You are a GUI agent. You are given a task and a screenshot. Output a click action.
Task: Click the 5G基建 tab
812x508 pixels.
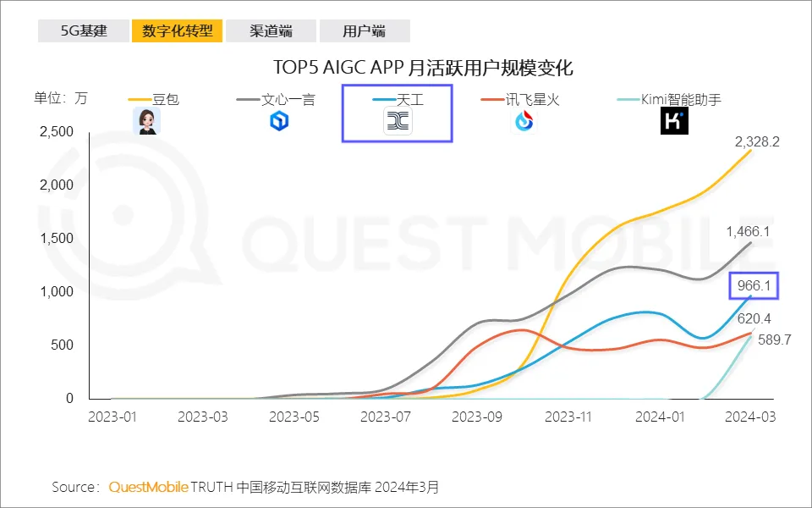click(84, 31)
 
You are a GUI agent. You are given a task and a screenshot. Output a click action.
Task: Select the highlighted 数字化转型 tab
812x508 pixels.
click(177, 31)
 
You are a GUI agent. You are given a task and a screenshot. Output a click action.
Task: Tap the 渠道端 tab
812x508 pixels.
click(271, 31)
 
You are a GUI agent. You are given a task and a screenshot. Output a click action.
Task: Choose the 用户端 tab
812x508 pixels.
click(364, 31)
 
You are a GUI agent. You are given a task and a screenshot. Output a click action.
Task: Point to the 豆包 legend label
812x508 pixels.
click(166, 99)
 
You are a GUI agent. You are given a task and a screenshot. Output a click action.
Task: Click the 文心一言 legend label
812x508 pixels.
click(288, 99)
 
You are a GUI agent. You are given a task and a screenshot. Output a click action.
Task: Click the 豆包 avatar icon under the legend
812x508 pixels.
click(146, 121)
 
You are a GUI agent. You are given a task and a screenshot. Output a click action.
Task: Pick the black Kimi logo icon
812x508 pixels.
click(673, 122)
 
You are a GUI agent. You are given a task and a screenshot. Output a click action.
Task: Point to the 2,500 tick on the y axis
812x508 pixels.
click(58, 132)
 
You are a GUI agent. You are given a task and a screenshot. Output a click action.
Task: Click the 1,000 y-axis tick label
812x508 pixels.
click(58, 291)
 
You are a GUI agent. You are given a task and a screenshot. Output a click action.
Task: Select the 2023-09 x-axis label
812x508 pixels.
click(476, 417)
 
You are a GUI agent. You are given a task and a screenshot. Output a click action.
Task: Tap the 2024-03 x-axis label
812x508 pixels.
click(750, 417)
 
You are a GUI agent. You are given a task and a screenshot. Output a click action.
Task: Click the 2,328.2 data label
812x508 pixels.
click(757, 141)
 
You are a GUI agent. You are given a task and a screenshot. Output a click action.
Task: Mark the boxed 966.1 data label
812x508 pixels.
click(754, 286)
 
